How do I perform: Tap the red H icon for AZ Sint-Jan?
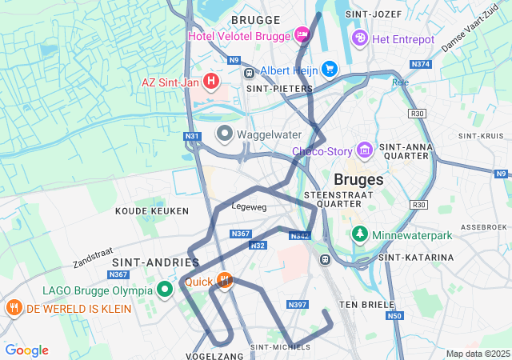[x=210, y=81]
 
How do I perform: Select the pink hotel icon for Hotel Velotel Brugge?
[x=302, y=34]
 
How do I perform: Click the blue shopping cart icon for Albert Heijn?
[x=328, y=69]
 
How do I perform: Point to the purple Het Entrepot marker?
[x=361, y=38]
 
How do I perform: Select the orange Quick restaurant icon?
[x=225, y=281]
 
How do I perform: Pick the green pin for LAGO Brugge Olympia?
[x=166, y=290]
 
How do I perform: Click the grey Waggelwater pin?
[x=225, y=133]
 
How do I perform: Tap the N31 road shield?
[x=191, y=137]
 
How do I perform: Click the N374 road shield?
[x=420, y=64]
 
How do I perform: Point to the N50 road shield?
[x=394, y=317]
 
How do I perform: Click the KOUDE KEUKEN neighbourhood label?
[x=152, y=211]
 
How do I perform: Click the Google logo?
[x=26, y=350]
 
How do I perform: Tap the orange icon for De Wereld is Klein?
[x=14, y=308]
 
